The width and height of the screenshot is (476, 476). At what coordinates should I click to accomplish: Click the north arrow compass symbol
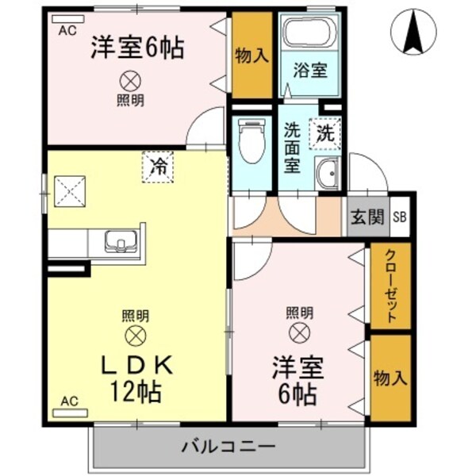click(413, 33)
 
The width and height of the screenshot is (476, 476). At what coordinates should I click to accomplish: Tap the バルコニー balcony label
click(228, 446)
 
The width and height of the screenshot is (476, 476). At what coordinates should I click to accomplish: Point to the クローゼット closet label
click(390, 286)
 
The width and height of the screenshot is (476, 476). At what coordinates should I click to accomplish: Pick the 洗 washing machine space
click(325, 133)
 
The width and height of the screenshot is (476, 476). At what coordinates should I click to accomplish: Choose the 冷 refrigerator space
click(159, 167)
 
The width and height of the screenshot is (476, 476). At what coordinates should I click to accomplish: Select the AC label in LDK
click(69, 401)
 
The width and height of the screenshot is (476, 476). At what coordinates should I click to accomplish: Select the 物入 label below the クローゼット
click(390, 378)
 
